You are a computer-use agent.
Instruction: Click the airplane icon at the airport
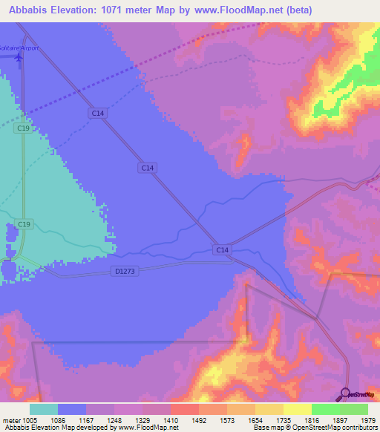pos(18,58)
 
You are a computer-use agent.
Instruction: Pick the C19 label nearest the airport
pos(23,128)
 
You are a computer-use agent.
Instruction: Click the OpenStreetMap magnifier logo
pos(345,393)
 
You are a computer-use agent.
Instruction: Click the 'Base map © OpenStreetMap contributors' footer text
pos(315,428)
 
